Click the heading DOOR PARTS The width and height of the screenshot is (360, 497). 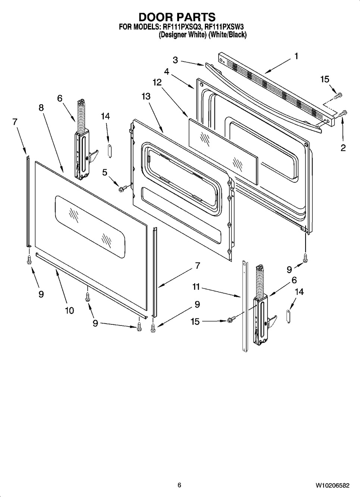point(177,17)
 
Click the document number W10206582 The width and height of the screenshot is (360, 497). point(333,485)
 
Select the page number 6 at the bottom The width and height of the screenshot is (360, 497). point(179,485)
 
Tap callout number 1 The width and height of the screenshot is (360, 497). point(296,56)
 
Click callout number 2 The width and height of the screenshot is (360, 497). point(343,148)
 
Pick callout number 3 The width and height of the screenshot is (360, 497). point(175,60)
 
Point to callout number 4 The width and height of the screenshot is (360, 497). point(167,72)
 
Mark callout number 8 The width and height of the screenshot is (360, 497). point(41,108)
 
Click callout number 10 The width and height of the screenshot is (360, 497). point(69,310)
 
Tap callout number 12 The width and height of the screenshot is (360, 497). point(157,82)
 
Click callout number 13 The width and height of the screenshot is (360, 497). point(146,96)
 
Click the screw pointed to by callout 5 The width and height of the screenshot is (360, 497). point(122,189)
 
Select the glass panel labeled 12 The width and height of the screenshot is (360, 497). point(223,151)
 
